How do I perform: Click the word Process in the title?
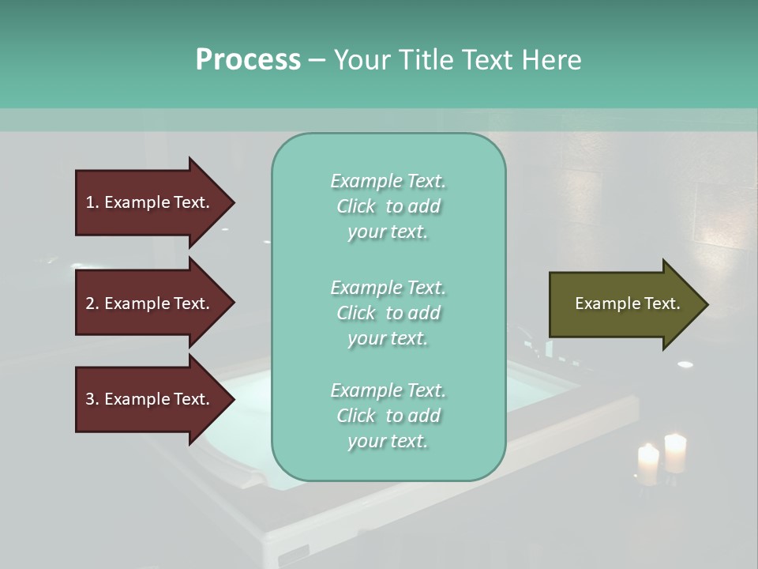click(x=248, y=60)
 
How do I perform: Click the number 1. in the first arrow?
click(x=92, y=202)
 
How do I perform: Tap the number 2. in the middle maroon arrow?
click(x=92, y=303)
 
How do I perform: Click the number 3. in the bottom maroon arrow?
click(x=92, y=399)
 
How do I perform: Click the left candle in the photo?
click(x=647, y=465)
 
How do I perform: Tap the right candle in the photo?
click(x=675, y=453)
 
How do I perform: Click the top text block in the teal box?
click(x=388, y=206)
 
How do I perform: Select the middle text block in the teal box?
click(x=388, y=313)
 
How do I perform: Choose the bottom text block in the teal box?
click(x=388, y=416)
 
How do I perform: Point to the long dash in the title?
click(x=317, y=60)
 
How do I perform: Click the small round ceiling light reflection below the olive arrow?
click(x=685, y=364)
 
